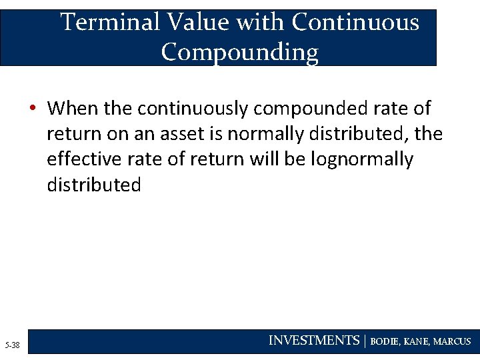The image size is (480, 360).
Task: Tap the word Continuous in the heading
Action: [x=355, y=23]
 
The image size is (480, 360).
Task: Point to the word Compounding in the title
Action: [x=239, y=51]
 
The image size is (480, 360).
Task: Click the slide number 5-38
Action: [x=12, y=345]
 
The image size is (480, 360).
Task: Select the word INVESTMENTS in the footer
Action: [x=313, y=341]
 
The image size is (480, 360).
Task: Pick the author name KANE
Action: [x=417, y=341]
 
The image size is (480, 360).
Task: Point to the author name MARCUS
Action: [x=452, y=341]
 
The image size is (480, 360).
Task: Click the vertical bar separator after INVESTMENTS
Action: [x=365, y=341]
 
